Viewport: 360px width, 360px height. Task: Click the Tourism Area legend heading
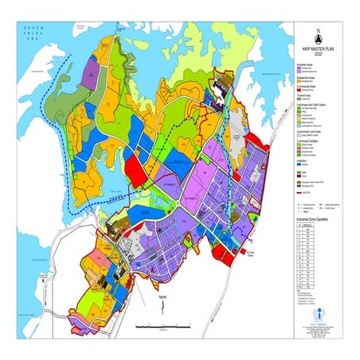305,100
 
